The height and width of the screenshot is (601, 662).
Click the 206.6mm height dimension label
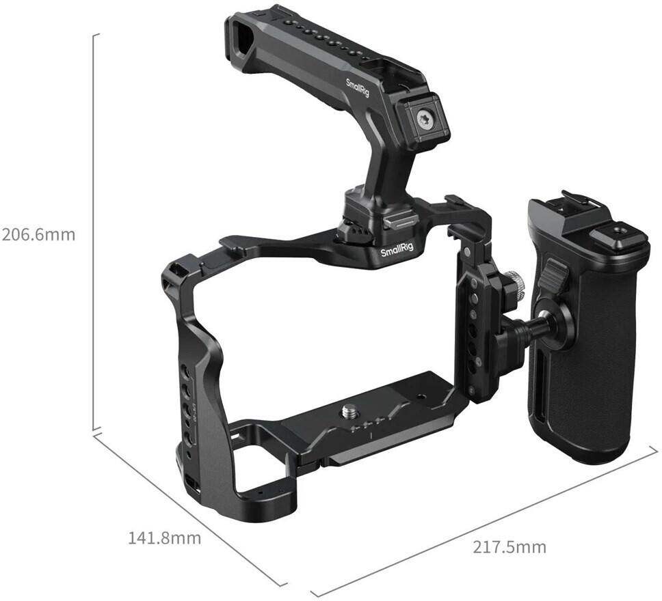click(x=38, y=234)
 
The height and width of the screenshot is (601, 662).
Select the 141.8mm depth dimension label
click(x=165, y=537)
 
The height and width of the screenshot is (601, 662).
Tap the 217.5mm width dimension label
click(x=509, y=547)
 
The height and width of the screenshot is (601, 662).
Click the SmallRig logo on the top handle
click(x=357, y=87)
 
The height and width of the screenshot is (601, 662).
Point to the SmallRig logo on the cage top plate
click(x=397, y=252)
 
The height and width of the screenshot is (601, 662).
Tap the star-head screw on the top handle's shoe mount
click(x=423, y=120)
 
